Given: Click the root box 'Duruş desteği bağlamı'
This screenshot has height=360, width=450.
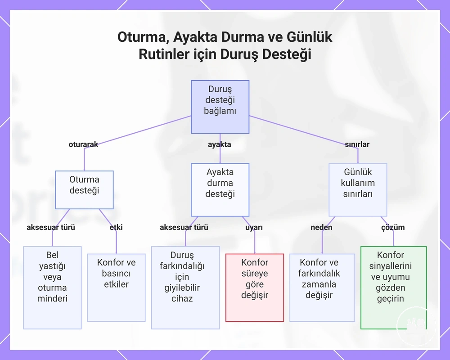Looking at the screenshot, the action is click(220, 107).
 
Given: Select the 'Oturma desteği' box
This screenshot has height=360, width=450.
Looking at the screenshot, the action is click(84, 190).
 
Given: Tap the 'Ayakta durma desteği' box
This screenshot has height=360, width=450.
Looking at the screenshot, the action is click(220, 190).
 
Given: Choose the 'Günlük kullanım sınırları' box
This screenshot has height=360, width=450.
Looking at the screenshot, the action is click(358, 190).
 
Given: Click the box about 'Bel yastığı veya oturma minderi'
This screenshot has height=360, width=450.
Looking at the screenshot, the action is click(52, 288).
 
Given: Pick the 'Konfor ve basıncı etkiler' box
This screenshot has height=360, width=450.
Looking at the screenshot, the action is click(116, 288).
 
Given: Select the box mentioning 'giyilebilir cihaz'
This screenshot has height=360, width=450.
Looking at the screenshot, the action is click(185, 288).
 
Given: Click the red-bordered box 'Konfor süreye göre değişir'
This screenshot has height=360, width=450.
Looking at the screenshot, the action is click(255, 288).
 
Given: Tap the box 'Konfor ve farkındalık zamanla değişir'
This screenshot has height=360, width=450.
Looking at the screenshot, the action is click(322, 288).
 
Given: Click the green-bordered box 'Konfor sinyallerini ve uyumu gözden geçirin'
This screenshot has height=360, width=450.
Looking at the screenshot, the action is click(393, 288).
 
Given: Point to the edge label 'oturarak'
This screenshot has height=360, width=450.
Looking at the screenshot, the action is click(83, 144).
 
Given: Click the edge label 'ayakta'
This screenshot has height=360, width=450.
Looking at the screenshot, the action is click(220, 144).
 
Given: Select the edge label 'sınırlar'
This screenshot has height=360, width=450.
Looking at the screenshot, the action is click(357, 144).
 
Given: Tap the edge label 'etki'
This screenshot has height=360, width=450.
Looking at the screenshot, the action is click(116, 227).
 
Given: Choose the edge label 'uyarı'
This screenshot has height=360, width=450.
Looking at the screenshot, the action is click(254, 227).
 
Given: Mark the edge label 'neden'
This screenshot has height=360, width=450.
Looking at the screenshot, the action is click(321, 227).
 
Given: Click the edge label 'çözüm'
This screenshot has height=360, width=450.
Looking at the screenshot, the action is click(393, 227).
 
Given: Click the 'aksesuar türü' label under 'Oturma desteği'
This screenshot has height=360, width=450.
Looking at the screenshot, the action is click(51, 227).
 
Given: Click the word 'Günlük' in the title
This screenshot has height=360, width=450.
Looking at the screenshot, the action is click(310, 37).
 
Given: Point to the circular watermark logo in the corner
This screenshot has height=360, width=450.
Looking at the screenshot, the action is click(416, 326).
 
